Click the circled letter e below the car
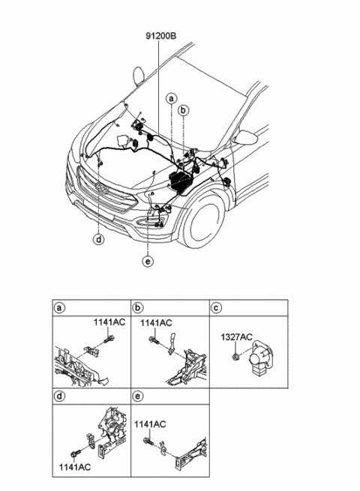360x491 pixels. point(148,261)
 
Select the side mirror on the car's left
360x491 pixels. point(140,75)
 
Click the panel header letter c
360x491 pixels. point(216,308)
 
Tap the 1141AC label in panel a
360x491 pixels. point(109,322)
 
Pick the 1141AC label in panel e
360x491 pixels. point(151,424)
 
